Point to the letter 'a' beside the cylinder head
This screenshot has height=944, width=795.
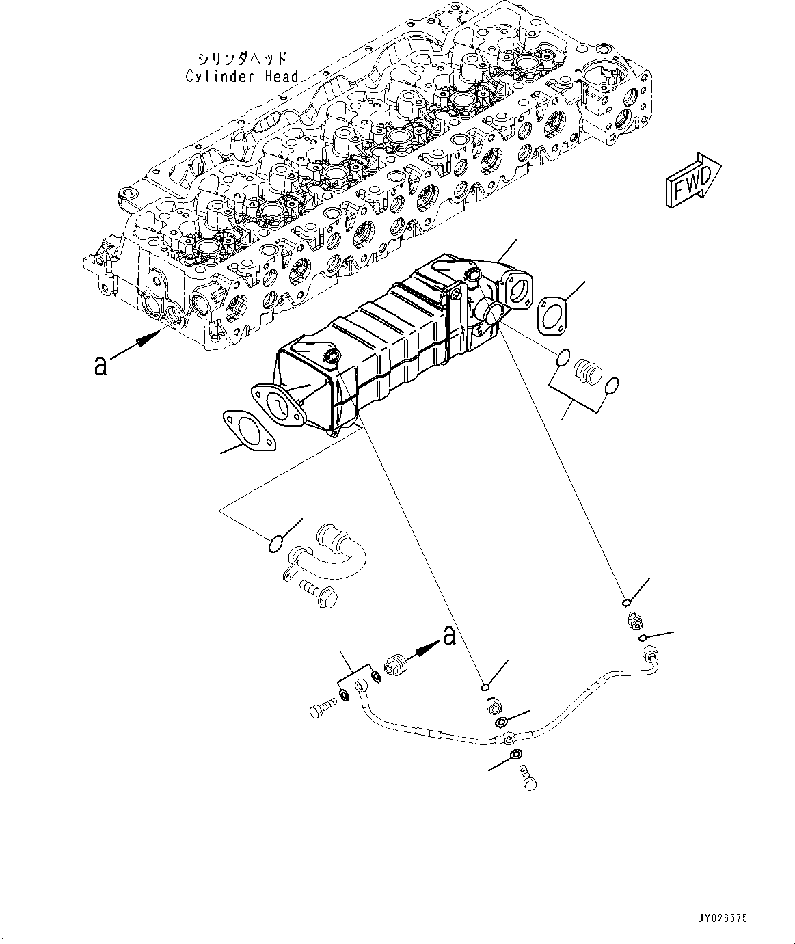pos(100,366)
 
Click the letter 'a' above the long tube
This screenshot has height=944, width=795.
pos(449,635)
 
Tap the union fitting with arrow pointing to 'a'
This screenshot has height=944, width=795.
pos(394,665)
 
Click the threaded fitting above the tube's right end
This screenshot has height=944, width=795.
pos(633,621)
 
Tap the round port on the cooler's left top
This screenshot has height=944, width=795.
pos(332,356)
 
